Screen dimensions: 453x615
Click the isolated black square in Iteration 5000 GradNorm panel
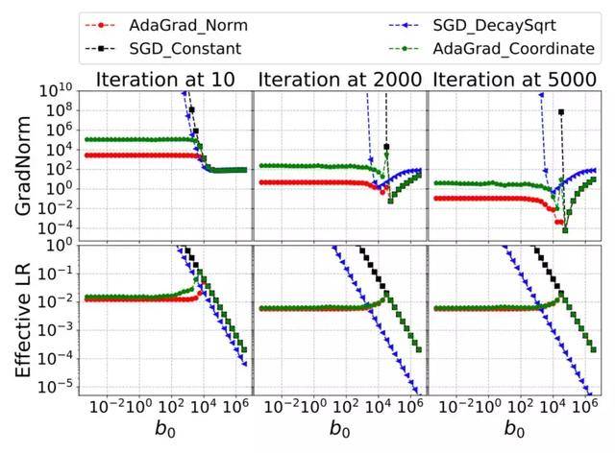click(x=560, y=112)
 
